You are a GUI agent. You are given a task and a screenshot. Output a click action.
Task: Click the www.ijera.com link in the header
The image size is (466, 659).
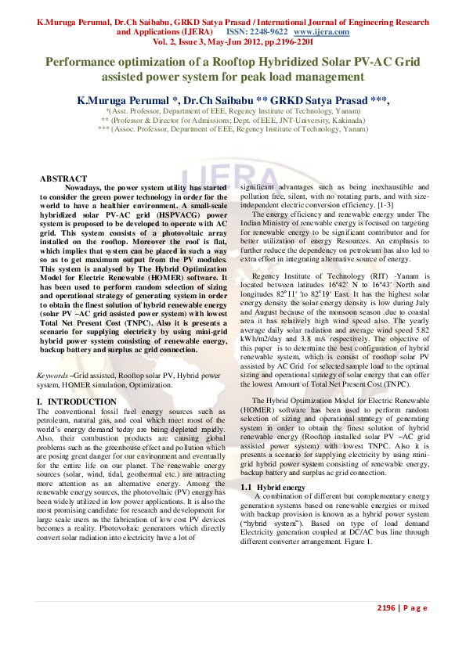(x=321, y=32)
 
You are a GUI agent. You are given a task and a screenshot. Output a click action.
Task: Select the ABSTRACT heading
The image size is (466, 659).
(x=63, y=179)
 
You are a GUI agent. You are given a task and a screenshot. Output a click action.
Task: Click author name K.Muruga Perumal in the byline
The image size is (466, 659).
(x=125, y=101)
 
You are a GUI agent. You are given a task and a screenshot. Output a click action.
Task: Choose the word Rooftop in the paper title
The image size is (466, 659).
(x=256, y=61)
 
